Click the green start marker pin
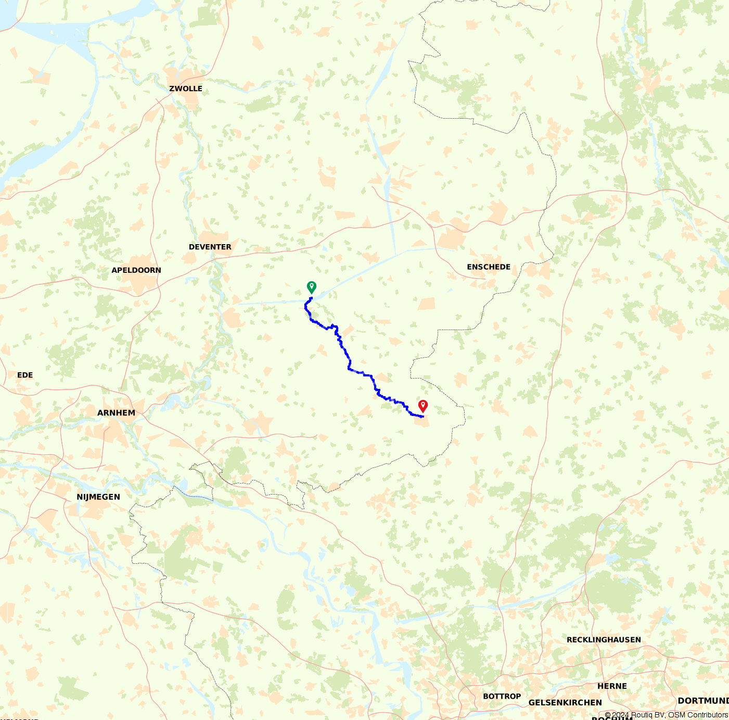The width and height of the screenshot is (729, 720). [311, 287]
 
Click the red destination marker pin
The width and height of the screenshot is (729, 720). [423, 406]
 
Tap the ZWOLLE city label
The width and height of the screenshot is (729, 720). [186, 89]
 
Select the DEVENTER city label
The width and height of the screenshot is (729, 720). [210, 247]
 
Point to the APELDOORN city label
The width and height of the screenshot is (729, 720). [136, 270]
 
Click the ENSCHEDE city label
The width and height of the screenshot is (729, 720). [489, 267]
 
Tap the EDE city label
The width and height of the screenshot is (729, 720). [25, 375]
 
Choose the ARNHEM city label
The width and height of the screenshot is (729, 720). [116, 413]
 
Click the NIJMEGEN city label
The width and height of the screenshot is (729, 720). [98, 497]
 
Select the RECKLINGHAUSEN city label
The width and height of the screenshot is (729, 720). [604, 640]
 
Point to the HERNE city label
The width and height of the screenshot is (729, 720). [612, 686]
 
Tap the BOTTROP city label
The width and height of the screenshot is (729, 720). [502, 697]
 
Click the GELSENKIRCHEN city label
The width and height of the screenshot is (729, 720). [565, 703]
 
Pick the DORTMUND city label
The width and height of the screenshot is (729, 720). [703, 701]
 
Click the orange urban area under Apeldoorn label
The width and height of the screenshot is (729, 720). [139, 284]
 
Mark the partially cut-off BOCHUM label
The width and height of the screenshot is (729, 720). [612, 717]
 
